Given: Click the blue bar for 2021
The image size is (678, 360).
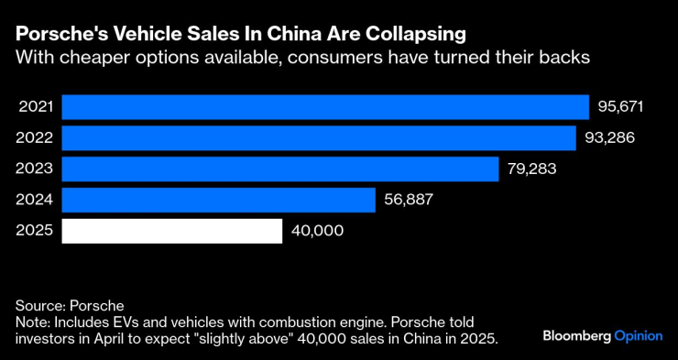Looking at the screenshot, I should (x=325, y=106).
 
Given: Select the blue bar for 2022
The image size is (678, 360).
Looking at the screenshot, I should (x=318, y=137).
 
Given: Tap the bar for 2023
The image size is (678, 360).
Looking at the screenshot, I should (x=279, y=169).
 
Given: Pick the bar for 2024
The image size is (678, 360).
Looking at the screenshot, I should (x=218, y=200).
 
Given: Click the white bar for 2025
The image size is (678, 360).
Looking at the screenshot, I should (x=171, y=231).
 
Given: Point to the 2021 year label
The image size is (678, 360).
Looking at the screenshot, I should (x=36, y=106).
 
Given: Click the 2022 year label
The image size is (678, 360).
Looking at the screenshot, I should (x=36, y=137).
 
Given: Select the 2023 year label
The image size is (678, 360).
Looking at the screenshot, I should (x=36, y=169).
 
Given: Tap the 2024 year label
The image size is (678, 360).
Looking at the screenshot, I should (x=36, y=200).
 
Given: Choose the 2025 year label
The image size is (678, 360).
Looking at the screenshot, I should (x=36, y=231).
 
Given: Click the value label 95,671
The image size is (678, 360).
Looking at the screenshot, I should (x=621, y=106).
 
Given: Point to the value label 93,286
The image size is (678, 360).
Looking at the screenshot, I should (x=608, y=137).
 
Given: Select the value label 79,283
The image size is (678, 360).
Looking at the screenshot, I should (x=531, y=169).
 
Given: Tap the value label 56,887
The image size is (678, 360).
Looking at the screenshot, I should (x=410, y=200).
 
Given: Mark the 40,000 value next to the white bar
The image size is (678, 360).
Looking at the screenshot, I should (x=316, y=231).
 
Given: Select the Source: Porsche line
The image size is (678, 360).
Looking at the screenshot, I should (x=69, y=304).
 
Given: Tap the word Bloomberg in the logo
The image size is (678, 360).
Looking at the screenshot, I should (x=575, y=335).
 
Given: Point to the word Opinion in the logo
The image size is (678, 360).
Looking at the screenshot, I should (x=638, y=335).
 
